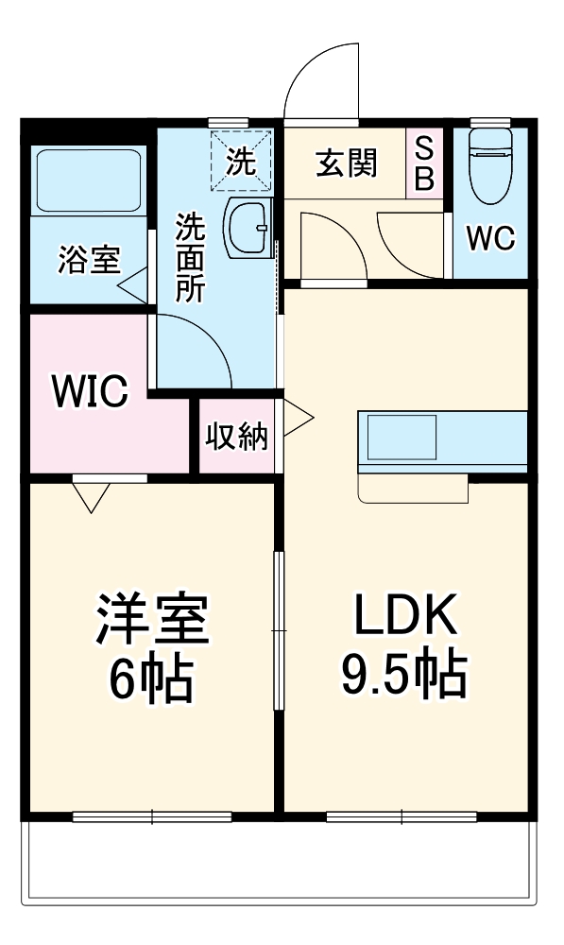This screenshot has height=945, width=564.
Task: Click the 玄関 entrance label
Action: [347, 163]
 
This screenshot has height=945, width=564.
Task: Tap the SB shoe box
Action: [424, 163]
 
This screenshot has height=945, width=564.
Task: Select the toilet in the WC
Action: [490, 165]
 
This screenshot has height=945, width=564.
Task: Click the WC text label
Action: [491, 238]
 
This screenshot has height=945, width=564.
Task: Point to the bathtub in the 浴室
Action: [89, 180]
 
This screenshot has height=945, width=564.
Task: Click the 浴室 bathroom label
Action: [89, 260]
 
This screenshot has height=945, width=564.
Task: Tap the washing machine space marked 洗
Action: [240, 161]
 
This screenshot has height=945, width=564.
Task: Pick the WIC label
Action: [90, 391]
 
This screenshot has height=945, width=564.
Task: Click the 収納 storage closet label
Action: [236, 437]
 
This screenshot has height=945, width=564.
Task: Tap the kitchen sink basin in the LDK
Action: [402, 437]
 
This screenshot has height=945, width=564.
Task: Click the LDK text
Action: [404, 613]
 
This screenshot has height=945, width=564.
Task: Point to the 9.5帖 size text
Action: [404, 673]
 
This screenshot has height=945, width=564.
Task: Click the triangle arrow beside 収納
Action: [298, 417]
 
